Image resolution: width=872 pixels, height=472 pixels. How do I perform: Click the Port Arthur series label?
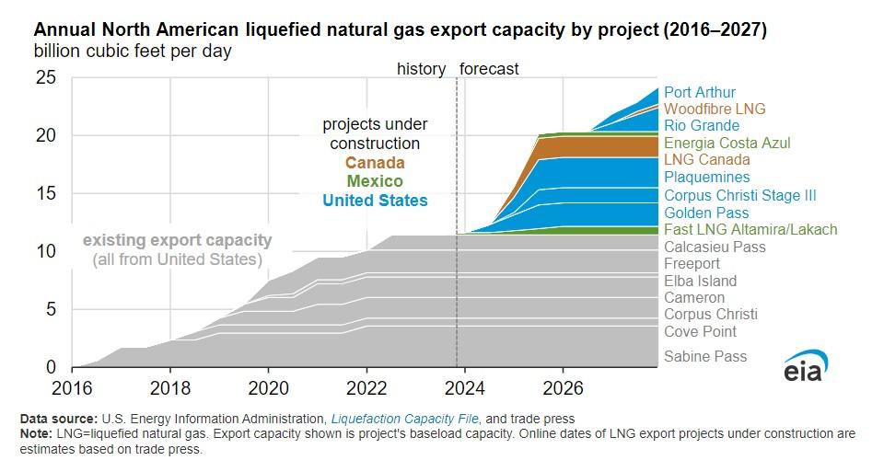pyautogui.click(x=700, y=92)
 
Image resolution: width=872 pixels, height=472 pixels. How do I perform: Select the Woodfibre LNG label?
pyautogui.click(x=715, y=109)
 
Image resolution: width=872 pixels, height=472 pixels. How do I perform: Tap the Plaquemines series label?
pyautogui.click(x=706, y=177)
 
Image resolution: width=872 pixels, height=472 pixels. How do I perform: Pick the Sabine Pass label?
pyautogui.click(x=705, y=356)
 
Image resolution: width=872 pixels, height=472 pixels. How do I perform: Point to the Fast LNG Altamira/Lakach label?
pyautogui.click(x=750, y=229)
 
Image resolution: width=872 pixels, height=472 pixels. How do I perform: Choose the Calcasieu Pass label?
pyautogui.click(x=715, y=247)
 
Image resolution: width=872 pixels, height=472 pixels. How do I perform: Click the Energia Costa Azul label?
pyautogui.click(x=727, y=143)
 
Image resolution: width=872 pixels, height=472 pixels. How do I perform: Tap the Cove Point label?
pyautogui.click(x=700, y=331)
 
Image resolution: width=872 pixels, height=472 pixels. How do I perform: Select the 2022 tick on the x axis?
pyautogui.click(x=366, y=386)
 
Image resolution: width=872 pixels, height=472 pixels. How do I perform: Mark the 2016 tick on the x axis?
pyautogui.click(x=73, y=386)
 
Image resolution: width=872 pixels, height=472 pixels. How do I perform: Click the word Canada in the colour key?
pyautogui.click(x=375, y=164)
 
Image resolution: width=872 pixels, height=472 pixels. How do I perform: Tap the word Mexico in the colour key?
pyautogui.click(x=375, y=181)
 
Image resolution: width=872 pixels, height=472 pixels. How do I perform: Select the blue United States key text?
pyautogui.click(x=375, y=200)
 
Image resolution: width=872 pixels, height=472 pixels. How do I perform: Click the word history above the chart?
pyautogui.click(x=421, y=69)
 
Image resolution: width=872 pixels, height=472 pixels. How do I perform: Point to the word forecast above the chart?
pyautogui.click(x=489, y=69)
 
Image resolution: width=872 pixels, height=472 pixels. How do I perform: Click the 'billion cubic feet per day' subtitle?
pyautogui.click(x=133, y=52)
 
